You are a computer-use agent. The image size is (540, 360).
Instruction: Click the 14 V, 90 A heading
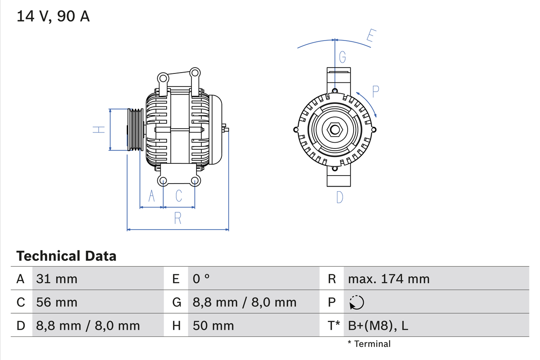pyautogui.click(x=53, y=16)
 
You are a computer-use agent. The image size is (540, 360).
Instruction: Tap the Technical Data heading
pyautogui.click(x=66, y=256)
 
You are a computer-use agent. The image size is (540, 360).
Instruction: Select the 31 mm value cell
pyautogui.click(x=57, y=279)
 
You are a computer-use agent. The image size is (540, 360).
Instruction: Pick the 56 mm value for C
pyautogui.click(x=57, y=302)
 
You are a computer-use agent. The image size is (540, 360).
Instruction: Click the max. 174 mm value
pyautogui.click(x=389, y=279)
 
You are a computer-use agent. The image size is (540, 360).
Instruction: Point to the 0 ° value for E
pyautogui.click(x=201, y=279)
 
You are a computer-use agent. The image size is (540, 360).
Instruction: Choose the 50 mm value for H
pyautogui.click(x=213, y=325)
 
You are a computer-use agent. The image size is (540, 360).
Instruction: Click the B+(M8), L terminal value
pyautogui.click(x=378, y=325)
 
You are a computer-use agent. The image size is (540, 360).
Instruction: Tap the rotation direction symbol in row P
pyautogui.click(x=356, y=302)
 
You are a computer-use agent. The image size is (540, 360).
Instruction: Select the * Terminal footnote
pyautogui.click(x=369, y=344)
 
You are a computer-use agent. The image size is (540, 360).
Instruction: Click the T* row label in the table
pyautogui.click(x=334, y=325)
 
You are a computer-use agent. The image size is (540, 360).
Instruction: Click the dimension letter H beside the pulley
pyautogui.click(x=99, y=130)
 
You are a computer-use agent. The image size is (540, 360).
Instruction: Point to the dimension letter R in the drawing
pyautogui.click(x=178, y=218)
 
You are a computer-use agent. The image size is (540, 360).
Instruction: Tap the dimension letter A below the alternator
pyautogui.click(x=151, y=196)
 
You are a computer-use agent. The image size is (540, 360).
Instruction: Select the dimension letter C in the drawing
pyautogui.click(x=179, y=196)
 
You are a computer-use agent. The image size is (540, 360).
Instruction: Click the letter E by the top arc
pyautogui.click(x=370, y=36)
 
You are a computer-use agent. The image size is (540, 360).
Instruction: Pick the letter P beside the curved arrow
pyautogui.click(x=375, y=91)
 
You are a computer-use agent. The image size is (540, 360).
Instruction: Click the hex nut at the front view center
pyautogui.click(x=335, y=129)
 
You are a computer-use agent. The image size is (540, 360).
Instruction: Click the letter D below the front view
pyautogui.click(x=340, y=197)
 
